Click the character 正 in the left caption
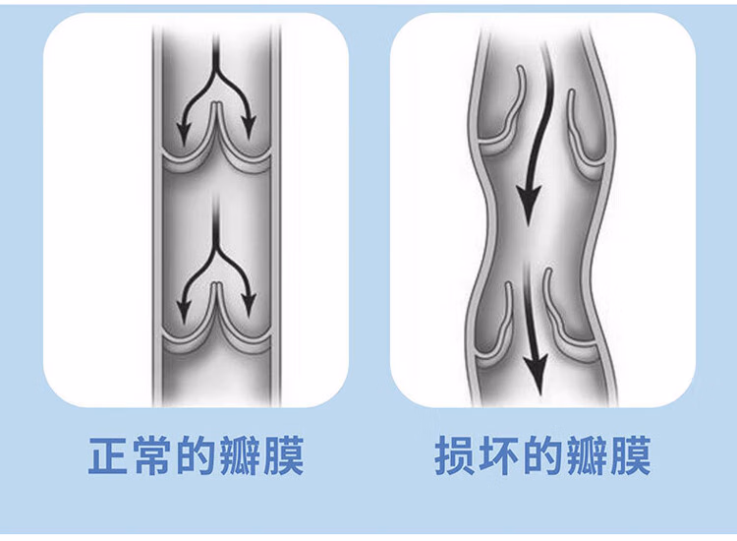(108, 455)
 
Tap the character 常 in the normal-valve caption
(151, 455)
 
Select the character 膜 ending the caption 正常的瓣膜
(283, 455)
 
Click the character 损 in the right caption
(454, 455)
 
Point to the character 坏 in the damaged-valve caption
(498, 455)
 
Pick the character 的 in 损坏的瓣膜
(541, 455)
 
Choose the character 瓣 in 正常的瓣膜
(239, 455)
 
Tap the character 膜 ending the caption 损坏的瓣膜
(630, 455)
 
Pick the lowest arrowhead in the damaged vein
(536, 375)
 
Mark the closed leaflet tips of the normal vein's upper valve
(216, 104)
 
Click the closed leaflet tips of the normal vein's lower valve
(216, 284)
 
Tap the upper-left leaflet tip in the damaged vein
(520, 69)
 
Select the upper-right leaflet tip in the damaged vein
(571, 92)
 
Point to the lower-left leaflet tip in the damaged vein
(509, 284)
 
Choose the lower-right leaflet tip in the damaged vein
(547, 272)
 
